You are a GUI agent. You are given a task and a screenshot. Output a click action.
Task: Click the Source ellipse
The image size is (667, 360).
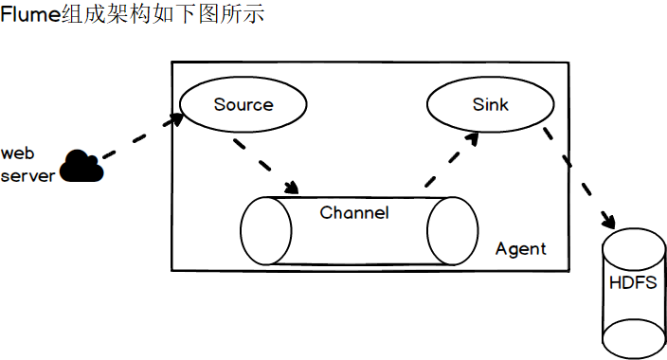pyautogui.click(x=243, y=104)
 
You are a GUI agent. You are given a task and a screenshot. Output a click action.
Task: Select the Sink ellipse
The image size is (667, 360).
pyautogui.click(x=490, y=104)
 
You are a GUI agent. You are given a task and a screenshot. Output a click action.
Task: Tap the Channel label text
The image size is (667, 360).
pyautogui.click(x=354, y=212)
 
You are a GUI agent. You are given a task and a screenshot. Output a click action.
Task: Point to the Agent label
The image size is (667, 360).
pyautogui.click(x=521, y=248)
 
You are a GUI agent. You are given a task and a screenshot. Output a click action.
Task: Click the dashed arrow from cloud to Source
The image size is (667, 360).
pyautogui.click(x=140, y=137)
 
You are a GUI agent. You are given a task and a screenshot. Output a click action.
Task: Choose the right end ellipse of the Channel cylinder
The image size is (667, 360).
pyautogui.click(x=451, y=231)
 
